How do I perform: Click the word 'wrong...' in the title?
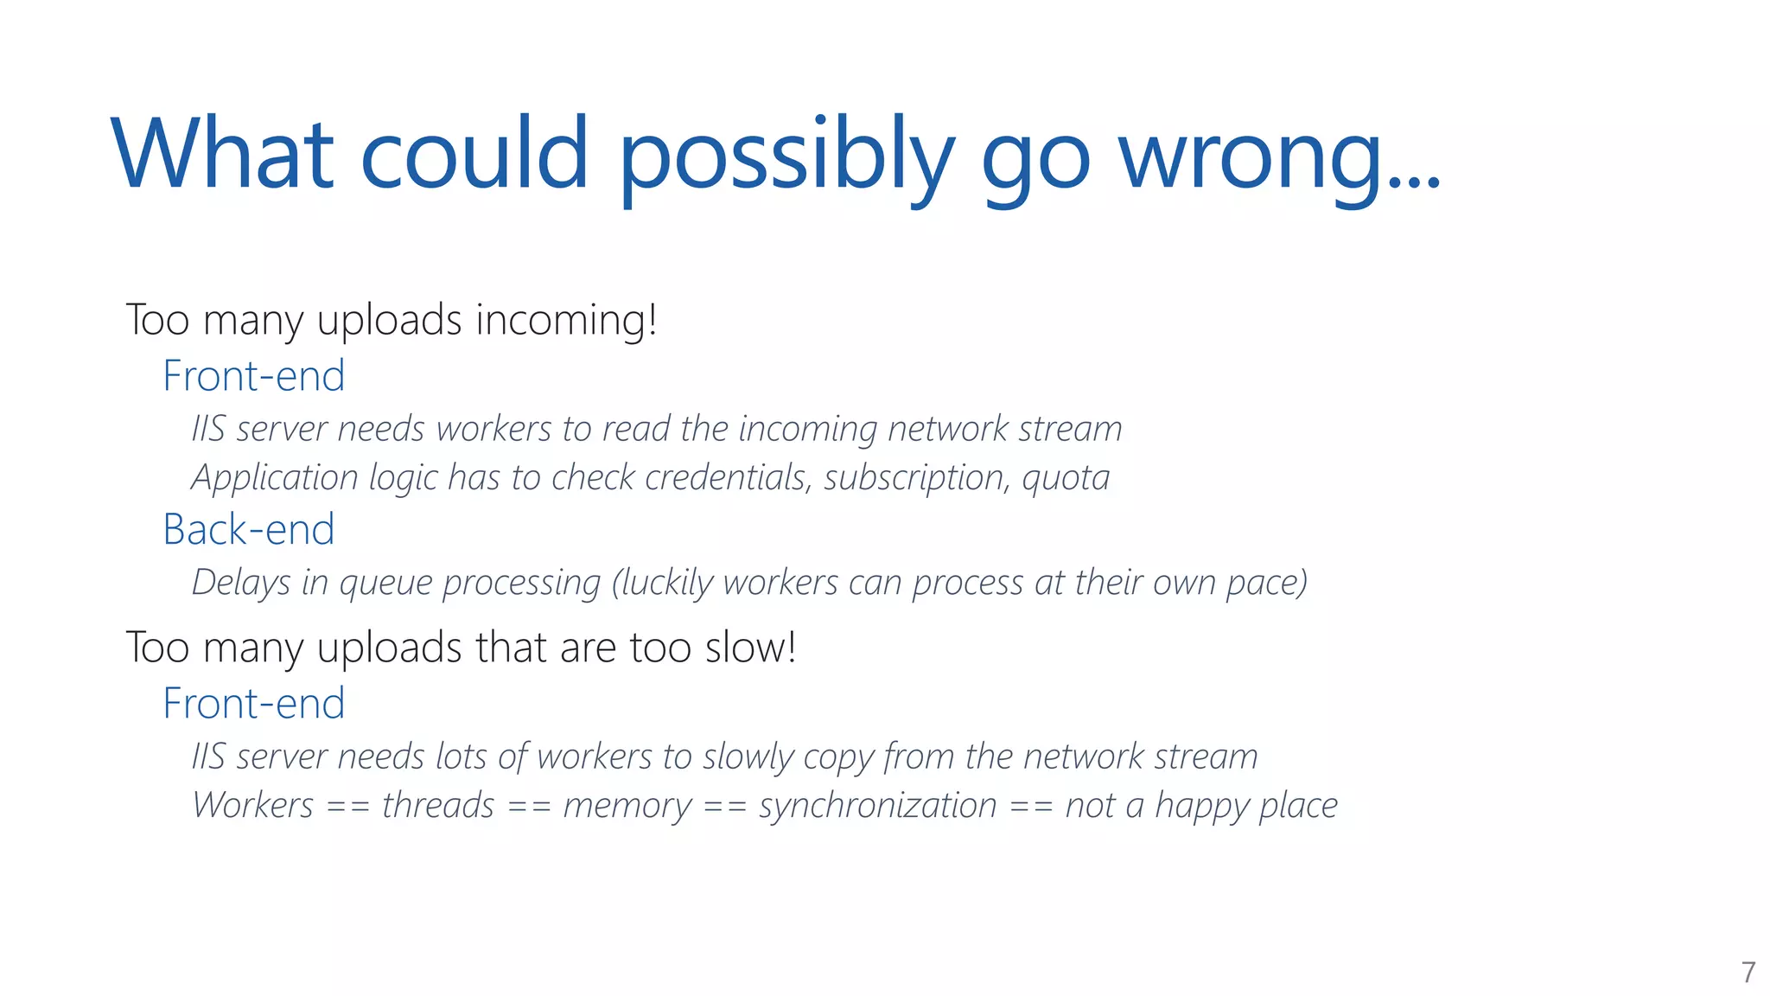pyautogui.click(x=1279, y=156)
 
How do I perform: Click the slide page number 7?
pyautogui.click(x=1748, y=972)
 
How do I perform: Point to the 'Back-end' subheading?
pyautogui.click(x=249, y=529)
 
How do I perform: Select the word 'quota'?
pyautogui.click(x=1066, y=478)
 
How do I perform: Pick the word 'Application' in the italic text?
pyautogui.click(x=275, y=478)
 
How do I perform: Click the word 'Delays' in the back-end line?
pyautogui.click(x=241, y=583)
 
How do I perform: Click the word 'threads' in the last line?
pyautogui.click(x=438, y=806)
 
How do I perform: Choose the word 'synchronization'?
pyautogui.click(x=878, y=806)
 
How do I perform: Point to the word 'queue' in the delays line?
pyautogui.click(x=385, y=584)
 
